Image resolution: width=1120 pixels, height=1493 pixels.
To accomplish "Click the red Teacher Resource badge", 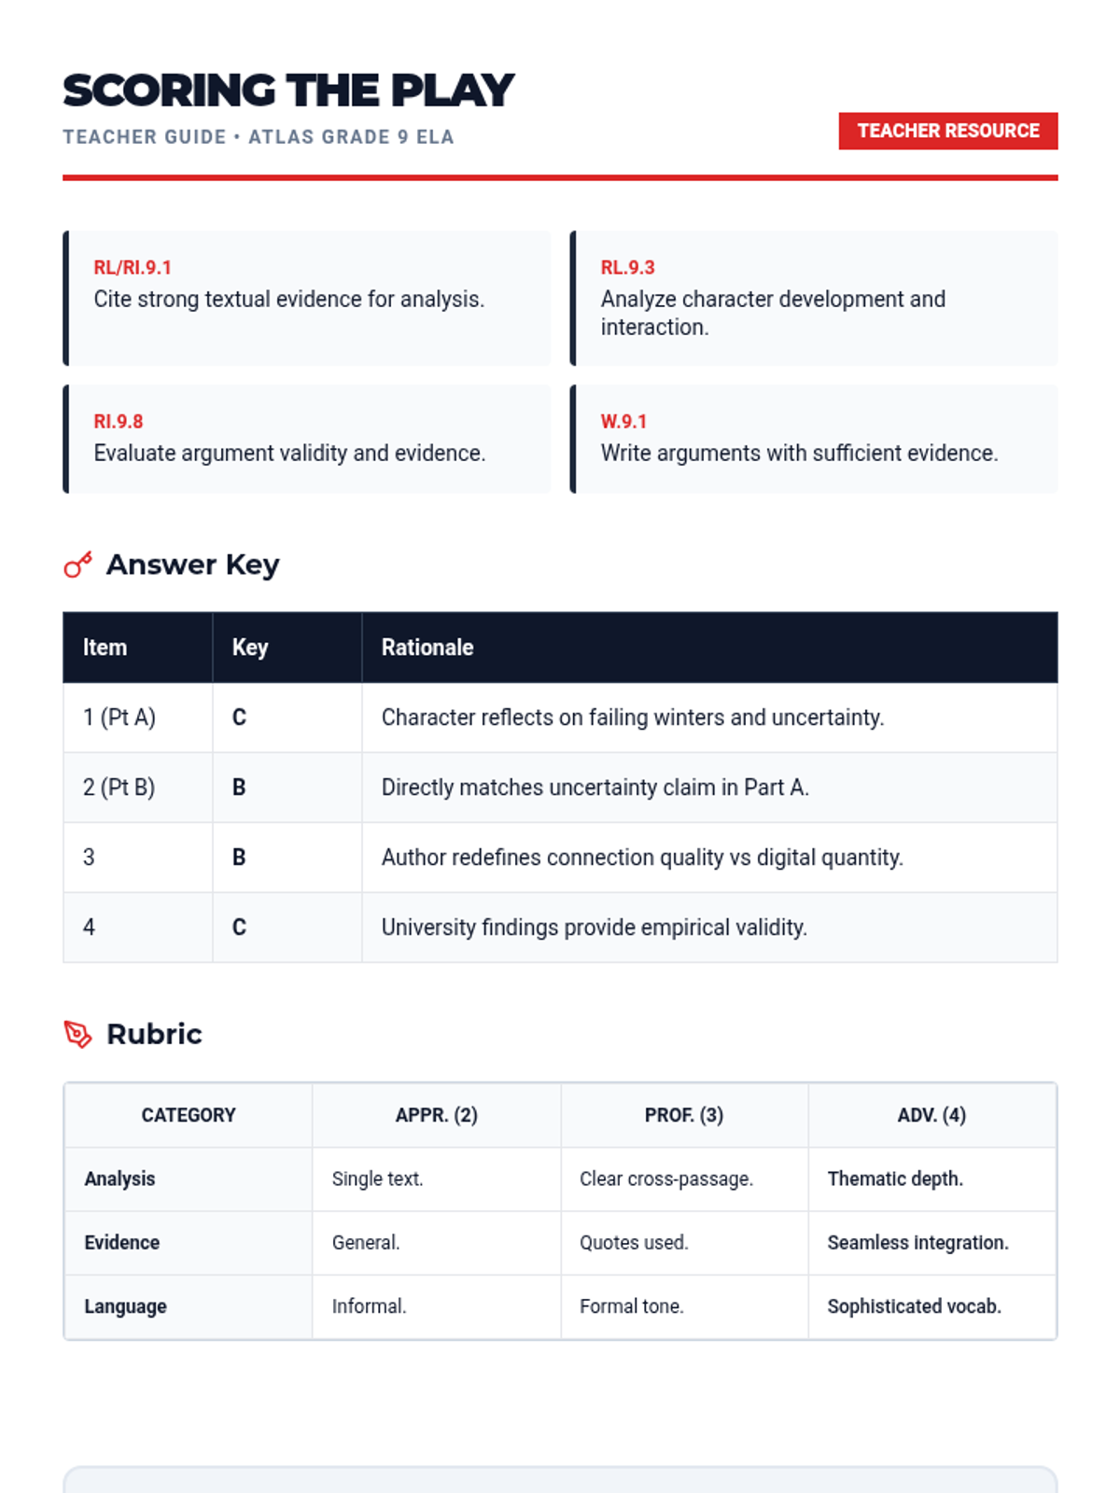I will [x=947, y=131].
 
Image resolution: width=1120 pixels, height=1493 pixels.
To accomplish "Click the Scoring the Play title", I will [x=288, y=91].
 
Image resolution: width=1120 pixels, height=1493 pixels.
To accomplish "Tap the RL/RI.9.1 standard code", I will [x=133, y=268].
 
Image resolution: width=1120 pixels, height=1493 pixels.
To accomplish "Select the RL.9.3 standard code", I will [x=627, y=268].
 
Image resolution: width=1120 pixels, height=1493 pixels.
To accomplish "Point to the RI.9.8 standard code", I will [x=119, y=422].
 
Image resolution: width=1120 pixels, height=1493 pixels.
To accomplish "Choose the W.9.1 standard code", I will [x=623, y=422].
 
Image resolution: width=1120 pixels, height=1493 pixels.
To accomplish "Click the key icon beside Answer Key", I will [x=78, y=565].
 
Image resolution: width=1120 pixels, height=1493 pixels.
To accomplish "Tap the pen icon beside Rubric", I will [x=78, y=1034].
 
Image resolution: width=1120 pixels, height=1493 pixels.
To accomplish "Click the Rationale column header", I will [x=427, y=648].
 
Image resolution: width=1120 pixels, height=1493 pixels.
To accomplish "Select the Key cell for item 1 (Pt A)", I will [x=240, y=718].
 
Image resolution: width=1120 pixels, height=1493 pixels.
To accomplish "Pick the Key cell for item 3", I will [x=240, y=858].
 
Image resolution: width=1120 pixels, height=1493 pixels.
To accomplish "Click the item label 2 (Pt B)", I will [x=119, y=788].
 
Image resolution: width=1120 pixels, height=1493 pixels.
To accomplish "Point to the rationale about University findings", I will [x=595, y=928].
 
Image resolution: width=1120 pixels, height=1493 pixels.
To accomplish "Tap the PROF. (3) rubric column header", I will [x=684, y=1115].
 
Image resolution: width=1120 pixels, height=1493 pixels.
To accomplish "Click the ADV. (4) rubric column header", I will [x=931, y=1115].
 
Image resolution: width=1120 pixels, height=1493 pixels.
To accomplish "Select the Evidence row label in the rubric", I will [x=122, y=1243].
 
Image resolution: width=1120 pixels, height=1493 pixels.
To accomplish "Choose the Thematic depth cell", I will [x=895, y=1179].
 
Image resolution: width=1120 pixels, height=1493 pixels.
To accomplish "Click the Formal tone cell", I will [x=632, y=1306].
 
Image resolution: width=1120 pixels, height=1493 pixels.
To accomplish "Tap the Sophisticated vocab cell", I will [x=915, y=1306].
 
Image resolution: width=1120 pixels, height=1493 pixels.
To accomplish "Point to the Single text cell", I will [x=378, y=1179].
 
